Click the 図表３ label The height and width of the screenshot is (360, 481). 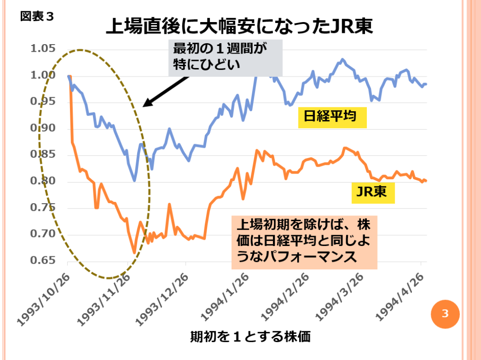(x=37, y=17)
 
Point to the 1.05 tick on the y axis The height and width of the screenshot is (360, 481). (x=43, y=49)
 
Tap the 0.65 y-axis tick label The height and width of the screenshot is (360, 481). (x=43, y=261)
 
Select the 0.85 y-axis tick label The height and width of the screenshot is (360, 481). (x=43, y=155)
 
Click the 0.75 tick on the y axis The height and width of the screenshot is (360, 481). (x=43, y=208)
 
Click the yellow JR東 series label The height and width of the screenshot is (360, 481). (x=372, y=191)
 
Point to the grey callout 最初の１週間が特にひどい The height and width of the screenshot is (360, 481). (x=225, y=57)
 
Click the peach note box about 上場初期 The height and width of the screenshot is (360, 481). (x=304, y=241)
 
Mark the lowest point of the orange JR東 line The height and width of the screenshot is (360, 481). (x=134, y=253)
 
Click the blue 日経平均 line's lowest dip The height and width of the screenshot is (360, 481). (x=134, y=180)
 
